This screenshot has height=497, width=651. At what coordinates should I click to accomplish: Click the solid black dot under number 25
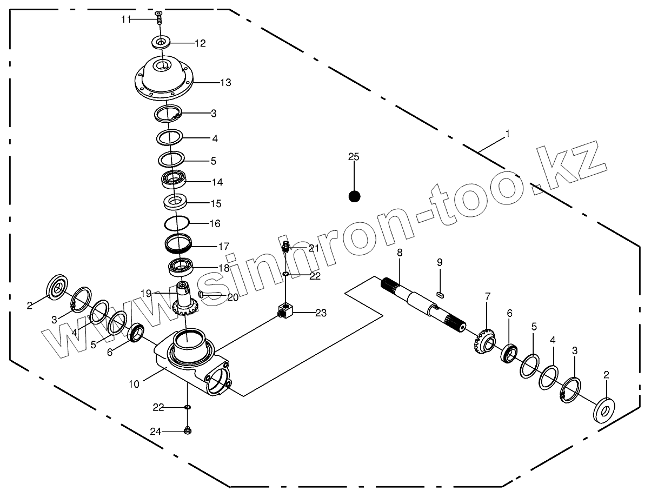(354, 196)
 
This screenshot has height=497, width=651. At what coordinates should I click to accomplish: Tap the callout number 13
(225, 83)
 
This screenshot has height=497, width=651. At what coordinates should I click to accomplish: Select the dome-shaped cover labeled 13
(163, 78)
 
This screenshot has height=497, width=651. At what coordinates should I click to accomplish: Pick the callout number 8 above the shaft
(400, 253)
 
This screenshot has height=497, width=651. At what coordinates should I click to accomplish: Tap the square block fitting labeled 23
(284, 312)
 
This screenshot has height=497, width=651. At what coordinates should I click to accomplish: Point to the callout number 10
(134, 384)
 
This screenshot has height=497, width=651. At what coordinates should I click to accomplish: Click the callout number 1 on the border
(507, 132)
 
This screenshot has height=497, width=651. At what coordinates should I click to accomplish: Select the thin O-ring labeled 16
(177, 223)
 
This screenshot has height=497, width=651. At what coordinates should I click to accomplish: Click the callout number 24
(156, 432)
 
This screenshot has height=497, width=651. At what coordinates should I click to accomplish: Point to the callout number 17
(223, 246)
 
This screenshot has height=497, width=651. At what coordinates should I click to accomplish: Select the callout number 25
(354, 157)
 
